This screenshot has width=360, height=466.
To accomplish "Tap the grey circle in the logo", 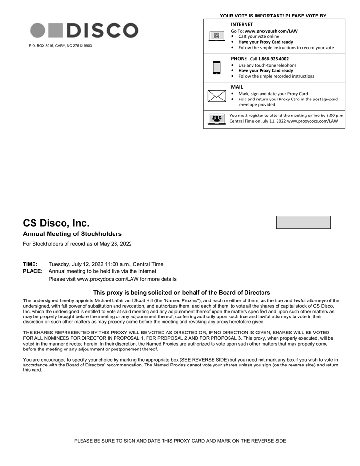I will click(x=38, y=30).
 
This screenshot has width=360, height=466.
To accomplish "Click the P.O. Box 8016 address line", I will click(x=60, y=46).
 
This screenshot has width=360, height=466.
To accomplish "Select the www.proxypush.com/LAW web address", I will click(x=271, y=31).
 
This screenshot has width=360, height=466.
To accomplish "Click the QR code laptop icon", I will click(x=216, y=36).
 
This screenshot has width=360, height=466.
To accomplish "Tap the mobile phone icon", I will click(x=216, y=67).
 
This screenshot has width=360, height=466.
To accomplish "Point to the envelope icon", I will click(x=216, y=96).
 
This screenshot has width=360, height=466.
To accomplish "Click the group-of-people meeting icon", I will click(x=216, y=118).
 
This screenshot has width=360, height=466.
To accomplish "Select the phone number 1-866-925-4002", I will click(x=273, y=59).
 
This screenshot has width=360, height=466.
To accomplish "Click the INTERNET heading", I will click(x=242, y=24).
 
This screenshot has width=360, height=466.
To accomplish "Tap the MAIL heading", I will click(x=237, y=87).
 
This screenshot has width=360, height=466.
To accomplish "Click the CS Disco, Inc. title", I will click(x=56, y=223).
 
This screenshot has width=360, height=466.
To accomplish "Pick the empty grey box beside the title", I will click(x=303, y=222).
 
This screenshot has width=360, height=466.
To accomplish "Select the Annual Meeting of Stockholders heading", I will click(x=72, y=234).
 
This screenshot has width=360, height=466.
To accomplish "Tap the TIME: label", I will click(x=30, y=264).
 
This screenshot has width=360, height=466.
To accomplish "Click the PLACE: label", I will click(x=33, y=271).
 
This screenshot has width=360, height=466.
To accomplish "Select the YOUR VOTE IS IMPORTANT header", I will click(x=274, y=16).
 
